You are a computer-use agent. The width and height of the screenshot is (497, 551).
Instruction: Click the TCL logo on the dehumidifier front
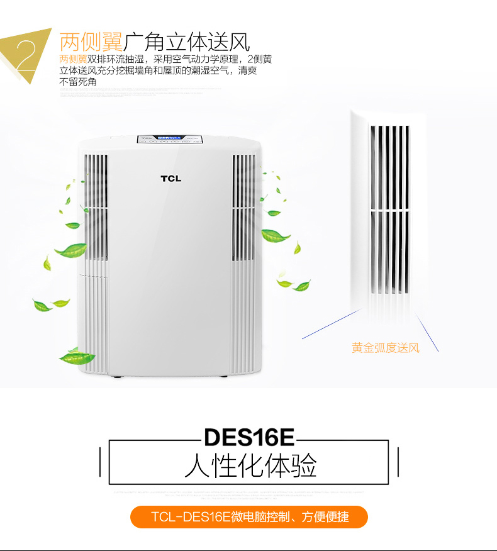170,178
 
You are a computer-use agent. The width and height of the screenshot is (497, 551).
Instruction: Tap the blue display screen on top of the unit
169,137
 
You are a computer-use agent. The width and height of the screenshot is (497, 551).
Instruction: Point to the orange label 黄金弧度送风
386,347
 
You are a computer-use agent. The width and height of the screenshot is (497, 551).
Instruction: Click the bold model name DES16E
249,438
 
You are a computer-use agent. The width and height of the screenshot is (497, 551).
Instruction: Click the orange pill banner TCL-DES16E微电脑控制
249,517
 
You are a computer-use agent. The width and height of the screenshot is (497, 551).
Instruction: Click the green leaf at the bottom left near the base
77,359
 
